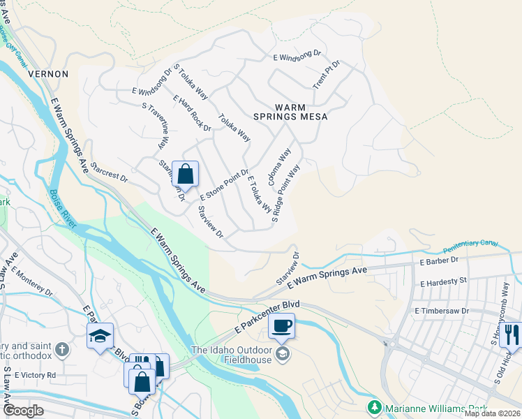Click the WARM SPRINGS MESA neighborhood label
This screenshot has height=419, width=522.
(299, 112)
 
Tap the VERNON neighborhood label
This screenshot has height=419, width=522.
(47, 73)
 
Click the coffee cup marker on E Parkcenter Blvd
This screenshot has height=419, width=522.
(281, 325)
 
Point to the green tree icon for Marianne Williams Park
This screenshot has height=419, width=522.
(374, 406)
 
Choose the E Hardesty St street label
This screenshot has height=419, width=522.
(443, 284)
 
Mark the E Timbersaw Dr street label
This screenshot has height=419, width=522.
(442, 310)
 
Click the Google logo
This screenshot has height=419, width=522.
(24, 411)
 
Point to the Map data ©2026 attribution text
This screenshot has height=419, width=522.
(492, 413)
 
